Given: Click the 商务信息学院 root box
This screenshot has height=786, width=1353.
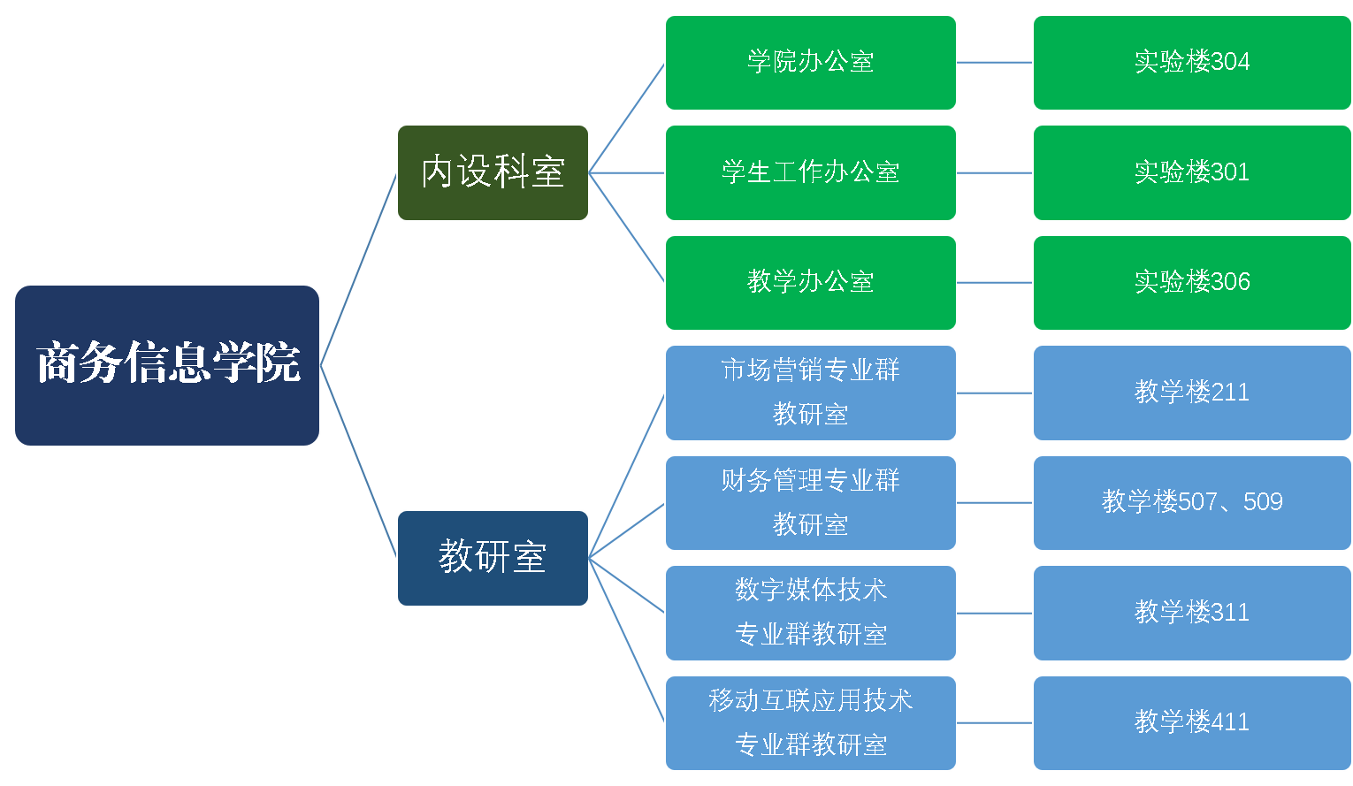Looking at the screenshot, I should pos(167,365).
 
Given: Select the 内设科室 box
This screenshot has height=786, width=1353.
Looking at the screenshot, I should pos(493,172).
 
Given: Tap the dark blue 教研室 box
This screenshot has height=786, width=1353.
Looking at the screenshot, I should pos(493,558).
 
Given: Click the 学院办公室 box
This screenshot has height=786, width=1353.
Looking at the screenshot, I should pos(810,63).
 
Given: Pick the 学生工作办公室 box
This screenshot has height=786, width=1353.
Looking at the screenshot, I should pos(810,172).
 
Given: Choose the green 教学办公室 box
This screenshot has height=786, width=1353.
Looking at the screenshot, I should pos(810,283).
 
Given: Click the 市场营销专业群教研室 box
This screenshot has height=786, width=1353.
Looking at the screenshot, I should pos(810,393).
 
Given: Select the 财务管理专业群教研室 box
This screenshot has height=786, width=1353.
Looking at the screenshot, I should pos(810,503).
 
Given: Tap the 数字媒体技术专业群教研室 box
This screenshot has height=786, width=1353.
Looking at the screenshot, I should pos(810,613).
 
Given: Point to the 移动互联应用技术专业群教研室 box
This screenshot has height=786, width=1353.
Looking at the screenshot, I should pos(810,723).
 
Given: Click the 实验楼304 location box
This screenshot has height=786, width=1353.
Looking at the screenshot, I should pos(1191,63).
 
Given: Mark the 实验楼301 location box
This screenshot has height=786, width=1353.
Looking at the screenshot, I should pos(1191,172).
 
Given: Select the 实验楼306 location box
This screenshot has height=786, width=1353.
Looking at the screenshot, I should pos(1191,283).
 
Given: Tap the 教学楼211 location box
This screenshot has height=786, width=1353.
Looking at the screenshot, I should pos(1191,393).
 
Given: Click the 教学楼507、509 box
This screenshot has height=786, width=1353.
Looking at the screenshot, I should pos(1191,503).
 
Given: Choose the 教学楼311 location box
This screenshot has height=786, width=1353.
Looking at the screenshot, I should pos(1191,613).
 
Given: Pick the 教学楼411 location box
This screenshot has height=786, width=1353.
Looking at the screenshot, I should pos(1191,723).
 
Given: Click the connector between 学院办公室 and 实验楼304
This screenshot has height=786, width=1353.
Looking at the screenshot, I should pos(995,63).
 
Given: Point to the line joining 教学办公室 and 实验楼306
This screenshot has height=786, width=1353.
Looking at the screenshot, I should pos(995,283).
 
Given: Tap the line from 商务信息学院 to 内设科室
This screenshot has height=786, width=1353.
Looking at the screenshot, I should pos(358,269).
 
